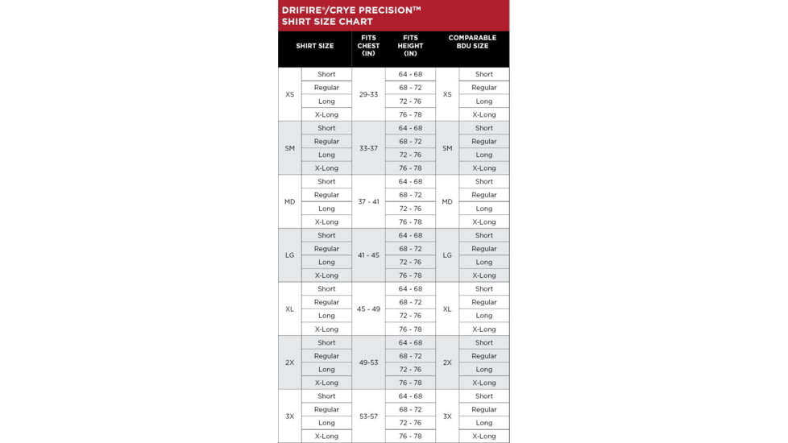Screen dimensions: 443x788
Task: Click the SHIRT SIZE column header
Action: pyautogui.click(x=314, y=46)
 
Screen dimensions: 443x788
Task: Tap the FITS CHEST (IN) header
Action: pyautogui.click(x=368, y=46)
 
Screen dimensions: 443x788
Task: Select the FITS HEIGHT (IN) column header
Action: pyautogui.click(x=410, y=46)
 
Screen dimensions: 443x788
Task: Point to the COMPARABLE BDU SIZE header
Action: pyautogui.click(x=472, y=42)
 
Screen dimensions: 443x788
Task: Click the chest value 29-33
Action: pyautogui.click(x=368, y=94)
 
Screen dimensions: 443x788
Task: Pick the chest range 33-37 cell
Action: pyautogui.click(x=368, y=148)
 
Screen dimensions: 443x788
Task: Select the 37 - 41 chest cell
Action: pyautogui.click(x=368, y=202)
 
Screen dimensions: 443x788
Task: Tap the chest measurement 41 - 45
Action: pyautogui.click(x=368, y=255)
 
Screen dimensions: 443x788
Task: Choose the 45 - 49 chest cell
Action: pyautogui.click(x=368, y=309)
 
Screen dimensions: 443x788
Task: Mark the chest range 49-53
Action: pyautogui.click(x=368, y=362)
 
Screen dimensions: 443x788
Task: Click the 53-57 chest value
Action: pyautogui.click(x=368, y=416)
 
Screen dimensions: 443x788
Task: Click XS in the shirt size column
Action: pyautogui.click(x=290, y=94)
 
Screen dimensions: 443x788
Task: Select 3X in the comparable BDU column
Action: pyautogui.click(x=447, y=416)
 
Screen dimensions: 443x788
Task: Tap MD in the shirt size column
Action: pyautogui.click(x=290, y=202)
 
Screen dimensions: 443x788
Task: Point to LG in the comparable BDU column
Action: pyautogui.click(x=447, y=255)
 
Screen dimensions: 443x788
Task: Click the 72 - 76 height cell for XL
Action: pyautogui.click(x=410, y=316)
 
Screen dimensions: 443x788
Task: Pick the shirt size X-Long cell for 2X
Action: pyautogui.click(x=326, y=383)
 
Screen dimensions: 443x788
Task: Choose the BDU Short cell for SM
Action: pyautogui.click(x=484, y=128)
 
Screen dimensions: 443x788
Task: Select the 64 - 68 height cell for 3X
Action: pyautogui.click(x=410, y=396)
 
